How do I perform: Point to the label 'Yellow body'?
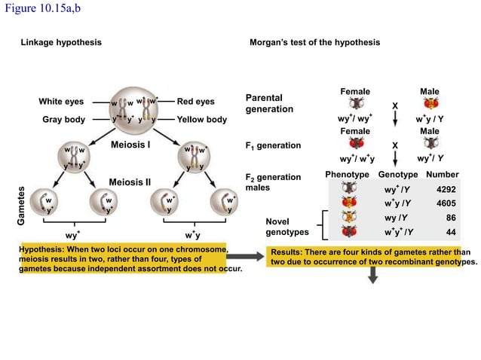[201, 120]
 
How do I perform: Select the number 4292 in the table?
[446, 190]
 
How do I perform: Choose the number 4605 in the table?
[446, 203]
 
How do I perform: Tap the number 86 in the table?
[451, 218]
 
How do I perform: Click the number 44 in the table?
[451, 233]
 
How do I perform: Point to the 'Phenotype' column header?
[347, 175]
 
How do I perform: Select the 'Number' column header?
[442, 175]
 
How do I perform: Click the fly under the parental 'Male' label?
[430, 102]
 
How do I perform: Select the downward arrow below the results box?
[372, 277]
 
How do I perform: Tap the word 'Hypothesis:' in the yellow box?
[44, 249]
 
